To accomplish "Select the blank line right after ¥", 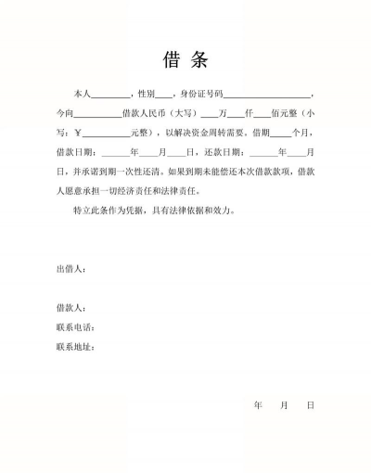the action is pos(106,133).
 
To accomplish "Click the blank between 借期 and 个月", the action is pos(279,133).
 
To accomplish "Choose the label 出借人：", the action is pos(71,269).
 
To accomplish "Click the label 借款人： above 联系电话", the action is pos(71,307).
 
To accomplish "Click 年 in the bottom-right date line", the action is pos(258,405).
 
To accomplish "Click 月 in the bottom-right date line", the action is pos(284,405).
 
